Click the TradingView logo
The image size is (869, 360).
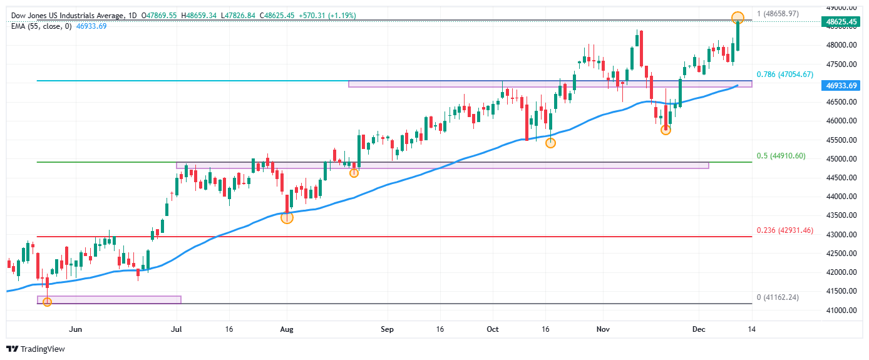36,349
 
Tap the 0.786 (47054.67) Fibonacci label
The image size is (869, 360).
784,75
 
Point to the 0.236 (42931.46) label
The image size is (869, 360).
784,230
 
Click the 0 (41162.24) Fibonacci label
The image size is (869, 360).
778,297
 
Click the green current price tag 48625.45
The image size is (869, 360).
842,22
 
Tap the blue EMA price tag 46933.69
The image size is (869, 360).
842,85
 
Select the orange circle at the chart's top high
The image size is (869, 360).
738,18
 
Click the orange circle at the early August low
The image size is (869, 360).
287,218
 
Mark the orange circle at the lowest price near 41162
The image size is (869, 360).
47,302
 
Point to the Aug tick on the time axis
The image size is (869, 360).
287,328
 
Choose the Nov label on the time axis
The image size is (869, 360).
603,328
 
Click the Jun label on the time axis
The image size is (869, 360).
76,328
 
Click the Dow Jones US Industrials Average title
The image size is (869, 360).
69,15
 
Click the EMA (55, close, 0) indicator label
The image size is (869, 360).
41,26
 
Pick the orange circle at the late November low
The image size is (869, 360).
666,130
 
